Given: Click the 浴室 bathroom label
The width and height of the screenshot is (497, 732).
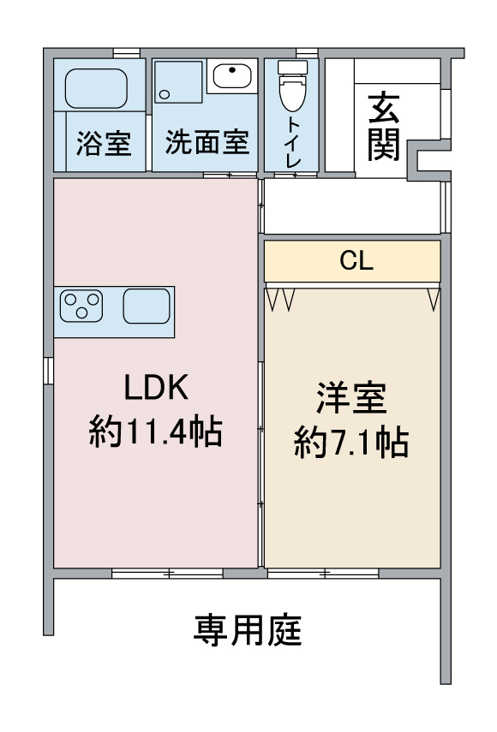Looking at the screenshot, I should pyautogui.click(x=104, y=143).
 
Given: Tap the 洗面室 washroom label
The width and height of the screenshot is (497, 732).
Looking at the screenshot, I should pyautogui.click(x=207, y=142).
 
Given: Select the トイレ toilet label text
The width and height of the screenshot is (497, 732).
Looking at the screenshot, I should pyautogui.click(x=292, y=140).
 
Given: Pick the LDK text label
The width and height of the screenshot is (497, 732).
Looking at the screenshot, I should pyautogui.click(x=155, y=390).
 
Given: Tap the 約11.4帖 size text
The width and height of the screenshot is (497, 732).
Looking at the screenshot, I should pyautogui.click(x=155, y=432).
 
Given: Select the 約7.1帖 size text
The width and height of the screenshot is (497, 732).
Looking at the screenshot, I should pyautogui.click(x=351, y=443).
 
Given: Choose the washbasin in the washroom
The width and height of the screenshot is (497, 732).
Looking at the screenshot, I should pyautogui.click(x=231, y=77).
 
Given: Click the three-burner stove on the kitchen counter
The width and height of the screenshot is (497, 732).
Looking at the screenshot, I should pyautogui.click(x=81, y=306).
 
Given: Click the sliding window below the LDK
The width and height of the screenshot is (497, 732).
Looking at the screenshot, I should pyautogui.click(x=167, y=572).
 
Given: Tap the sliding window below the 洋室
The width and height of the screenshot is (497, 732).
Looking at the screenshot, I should pyautogui.click(x=323, y=572).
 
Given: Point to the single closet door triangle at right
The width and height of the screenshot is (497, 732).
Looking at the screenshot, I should pyautogui.click(x=434, y=298).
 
